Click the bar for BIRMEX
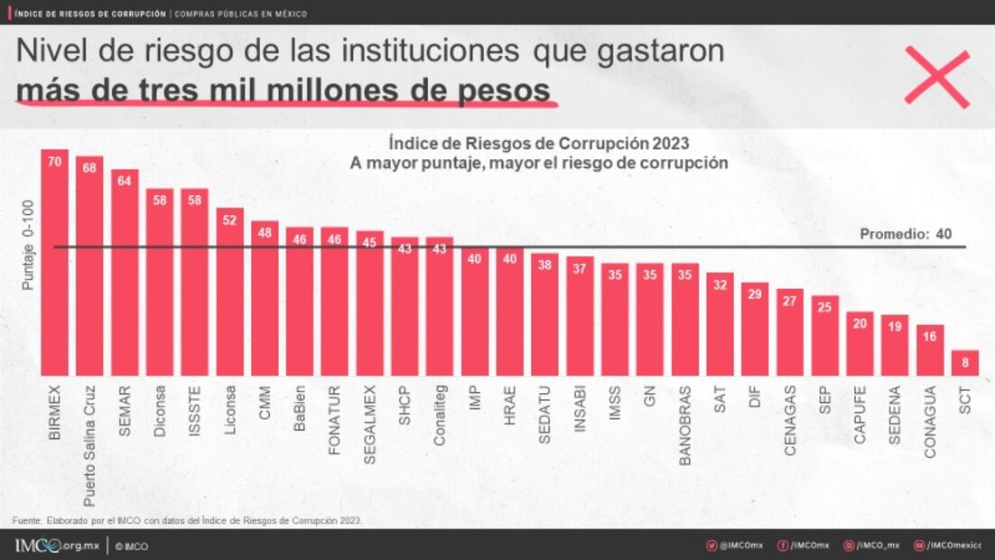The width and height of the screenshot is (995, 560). [55, 262]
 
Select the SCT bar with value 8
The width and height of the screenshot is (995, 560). [965, 363]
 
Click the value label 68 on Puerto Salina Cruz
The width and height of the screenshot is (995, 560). [89, 167]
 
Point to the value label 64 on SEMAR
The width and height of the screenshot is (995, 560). [125, 181]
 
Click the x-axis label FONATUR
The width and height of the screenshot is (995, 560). [335, 420]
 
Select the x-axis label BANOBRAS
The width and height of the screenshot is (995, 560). [685, 425]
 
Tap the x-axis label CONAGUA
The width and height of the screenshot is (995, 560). [930, 423]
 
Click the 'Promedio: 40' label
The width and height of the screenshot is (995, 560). [906, 234]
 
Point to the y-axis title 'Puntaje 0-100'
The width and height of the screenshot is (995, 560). [28, 244]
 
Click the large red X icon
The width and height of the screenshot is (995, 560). [936, 78]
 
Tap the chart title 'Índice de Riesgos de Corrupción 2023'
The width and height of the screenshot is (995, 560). [538, 144]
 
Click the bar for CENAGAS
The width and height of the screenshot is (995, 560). [790, 332]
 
